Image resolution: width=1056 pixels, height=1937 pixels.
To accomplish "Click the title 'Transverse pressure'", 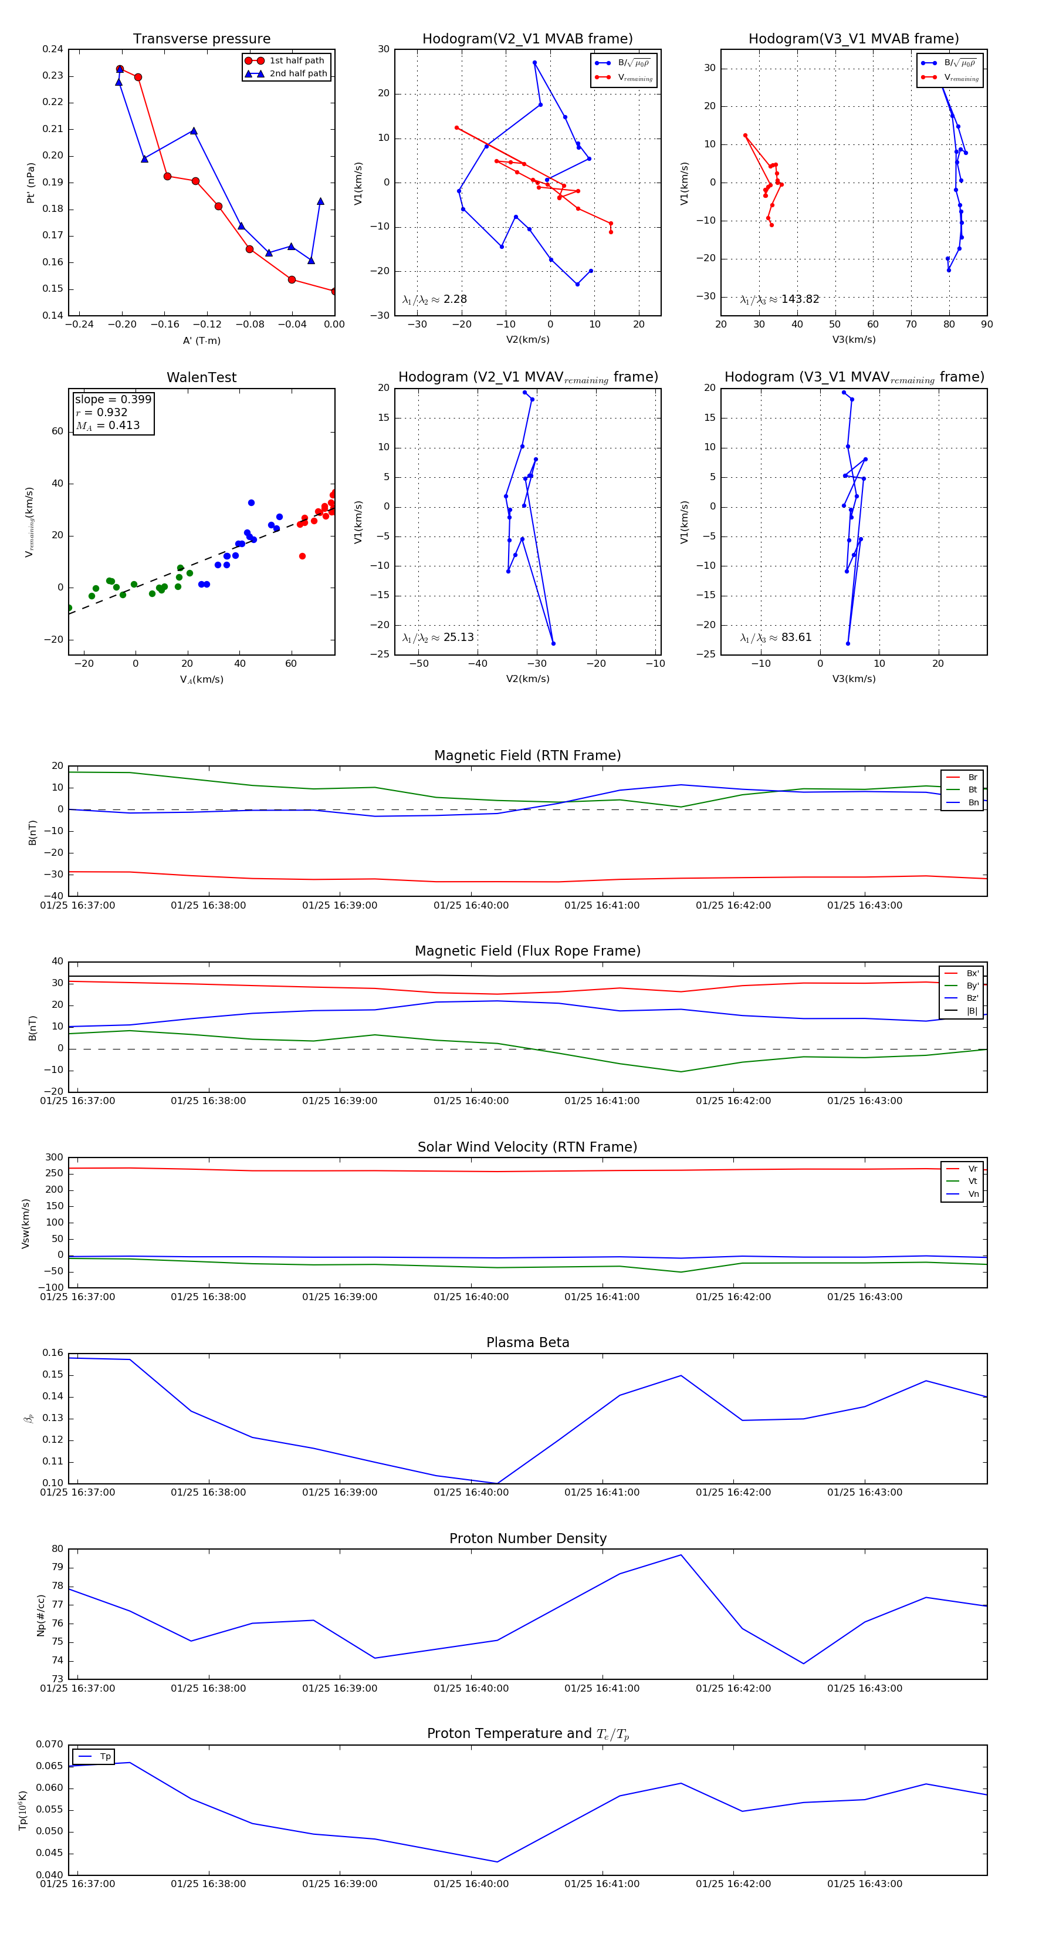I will click(x=201, y=39).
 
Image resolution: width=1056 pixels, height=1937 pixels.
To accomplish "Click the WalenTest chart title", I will click(x=201, y=377).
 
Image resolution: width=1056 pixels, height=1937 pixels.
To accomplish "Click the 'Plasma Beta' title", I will click(x=527, y=1342).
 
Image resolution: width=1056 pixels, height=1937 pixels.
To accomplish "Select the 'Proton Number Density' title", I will click(x=527, y=1538).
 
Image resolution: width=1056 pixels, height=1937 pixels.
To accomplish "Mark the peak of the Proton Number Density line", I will click(x=681, y=1555).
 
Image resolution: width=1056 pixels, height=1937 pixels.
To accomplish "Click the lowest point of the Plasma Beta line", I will click(x=497, y=1484).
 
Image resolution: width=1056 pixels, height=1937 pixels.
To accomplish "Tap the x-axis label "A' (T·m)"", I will click(x=201, y=340).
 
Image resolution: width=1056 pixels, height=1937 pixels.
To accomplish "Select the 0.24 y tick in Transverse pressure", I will click(x=53, y=50).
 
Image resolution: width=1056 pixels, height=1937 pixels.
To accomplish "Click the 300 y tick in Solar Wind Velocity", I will click(x=54, y=1158).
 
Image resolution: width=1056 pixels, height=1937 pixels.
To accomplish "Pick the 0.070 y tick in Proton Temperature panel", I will click(x=50, y=1744).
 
